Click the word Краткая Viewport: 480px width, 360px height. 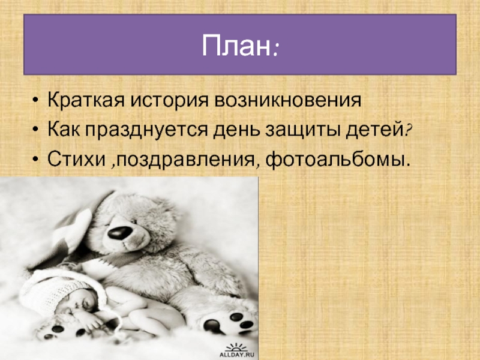click(x=86, y=100)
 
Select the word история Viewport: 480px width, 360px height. click(x=169, y=101)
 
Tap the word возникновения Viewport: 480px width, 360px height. click(x=288, y=100)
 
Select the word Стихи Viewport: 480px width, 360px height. click(x=76, y=159)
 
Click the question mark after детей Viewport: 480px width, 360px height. click(x=408, y=130)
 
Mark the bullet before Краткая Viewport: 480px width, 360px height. click(x=36, y=101)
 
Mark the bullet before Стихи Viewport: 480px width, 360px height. click(x=36, y=160)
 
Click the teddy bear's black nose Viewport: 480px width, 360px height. click(x=119, y=232)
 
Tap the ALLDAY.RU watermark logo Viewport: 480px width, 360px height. click(x=236, y=350)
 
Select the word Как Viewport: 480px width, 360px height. click(x=64, y=130)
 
